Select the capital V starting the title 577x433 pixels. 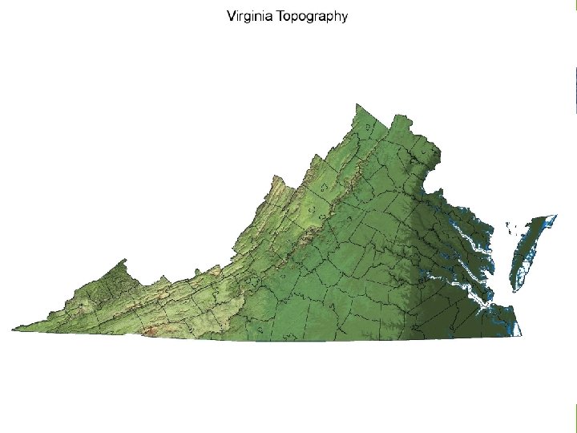[x=232, y=16]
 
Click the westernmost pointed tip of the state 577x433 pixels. [x=13, y=328]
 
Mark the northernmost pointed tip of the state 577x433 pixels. [x=357, y=104]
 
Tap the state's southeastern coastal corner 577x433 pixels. [x=521, y=334]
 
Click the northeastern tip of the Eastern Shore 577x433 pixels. [x=555, y=216]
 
